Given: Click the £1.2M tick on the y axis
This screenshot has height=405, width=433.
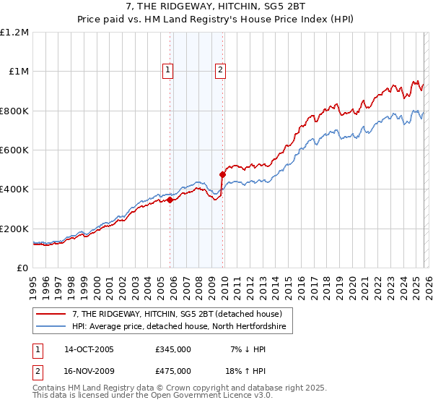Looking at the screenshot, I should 15,32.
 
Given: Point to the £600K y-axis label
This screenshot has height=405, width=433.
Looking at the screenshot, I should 14,150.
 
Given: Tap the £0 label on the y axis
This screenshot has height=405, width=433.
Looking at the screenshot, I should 22,268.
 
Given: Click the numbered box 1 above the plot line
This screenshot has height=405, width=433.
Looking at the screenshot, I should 167,70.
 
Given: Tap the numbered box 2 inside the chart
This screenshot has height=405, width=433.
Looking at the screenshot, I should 219,70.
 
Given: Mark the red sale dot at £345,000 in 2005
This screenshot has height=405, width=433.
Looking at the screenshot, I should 170,200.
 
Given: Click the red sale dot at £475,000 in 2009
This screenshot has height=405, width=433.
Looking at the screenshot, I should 222,174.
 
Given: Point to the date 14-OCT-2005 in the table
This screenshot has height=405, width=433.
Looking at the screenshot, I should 89,349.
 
